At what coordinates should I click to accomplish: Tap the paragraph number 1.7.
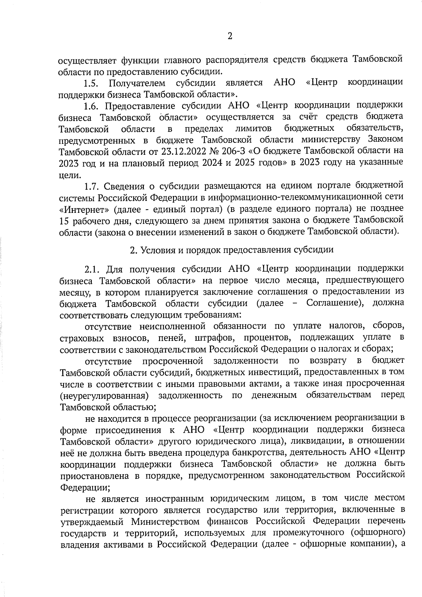(x=92, y=186)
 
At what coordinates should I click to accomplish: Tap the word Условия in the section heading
(x=158, y=250)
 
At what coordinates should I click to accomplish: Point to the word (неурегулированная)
(x=103, y=395)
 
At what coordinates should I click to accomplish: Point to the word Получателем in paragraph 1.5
(x=137, y=83)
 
